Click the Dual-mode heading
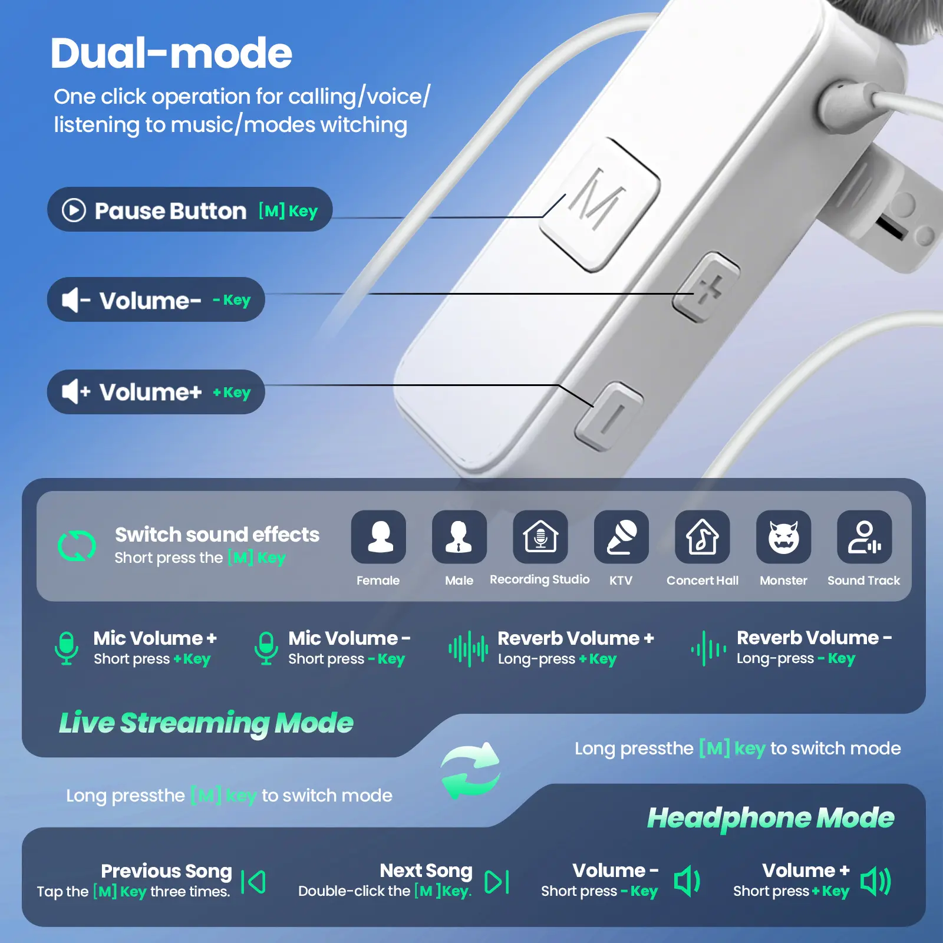(x=171, y=53)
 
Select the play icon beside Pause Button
(x=74, y=210)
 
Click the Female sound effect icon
(x=378, y=537)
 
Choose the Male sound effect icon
(x=459, y=537)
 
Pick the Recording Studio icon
(x=540, y=537)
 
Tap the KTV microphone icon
(x=621, y=537)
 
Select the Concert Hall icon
(x=702, y=537)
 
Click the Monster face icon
(x=783, y=537)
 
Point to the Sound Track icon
(x=864, y=537)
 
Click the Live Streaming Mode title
(x=206, y=723)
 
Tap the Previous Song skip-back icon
(x=253, y=882)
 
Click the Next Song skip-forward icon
(x=497, y=882)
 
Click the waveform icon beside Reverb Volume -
(x=708, y=649)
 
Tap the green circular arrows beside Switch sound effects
(x=77, y=546)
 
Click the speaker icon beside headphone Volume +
(x=876, y=882)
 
